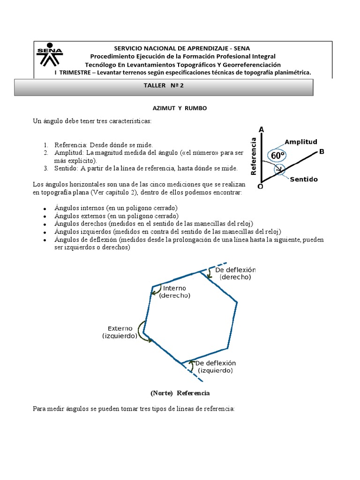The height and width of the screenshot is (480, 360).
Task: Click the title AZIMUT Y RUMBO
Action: [x=180, y=108]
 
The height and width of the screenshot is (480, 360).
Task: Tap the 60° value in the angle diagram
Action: [x=277, y=155]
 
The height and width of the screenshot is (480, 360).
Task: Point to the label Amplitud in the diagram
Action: [x=301, y=142]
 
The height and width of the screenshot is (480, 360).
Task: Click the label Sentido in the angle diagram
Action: [x=304, y=179]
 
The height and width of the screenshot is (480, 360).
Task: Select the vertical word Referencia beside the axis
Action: [x=254, y=156]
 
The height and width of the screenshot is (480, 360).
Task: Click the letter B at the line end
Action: [x=322, y=151]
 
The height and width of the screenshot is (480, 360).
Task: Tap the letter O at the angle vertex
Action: [x=260, y=186]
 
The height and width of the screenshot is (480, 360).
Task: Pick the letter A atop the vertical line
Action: [x=261, y=129]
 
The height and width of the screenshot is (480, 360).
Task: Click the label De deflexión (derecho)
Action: [x=235, y=273]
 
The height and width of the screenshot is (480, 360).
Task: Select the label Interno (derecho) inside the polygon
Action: [x=174, y=292]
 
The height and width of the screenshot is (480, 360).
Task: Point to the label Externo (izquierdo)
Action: [x=120, y=332]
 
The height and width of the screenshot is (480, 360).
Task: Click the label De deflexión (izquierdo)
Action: [x=215, y=367]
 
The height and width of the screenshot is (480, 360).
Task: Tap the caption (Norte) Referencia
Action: [x=180, y=392]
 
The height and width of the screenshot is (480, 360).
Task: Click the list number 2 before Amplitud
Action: [x=46, y=153]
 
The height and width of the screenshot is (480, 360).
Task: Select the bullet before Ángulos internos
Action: [x=44, y=209]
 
